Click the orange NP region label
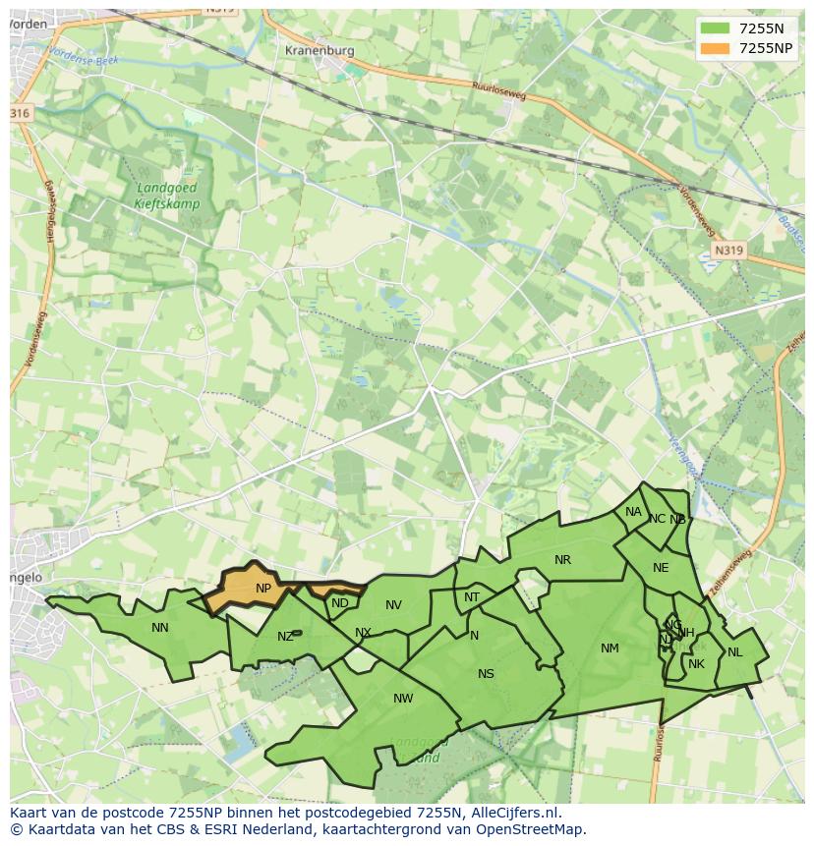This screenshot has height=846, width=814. (x=263, y=589)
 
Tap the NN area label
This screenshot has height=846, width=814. (x=160, y=627)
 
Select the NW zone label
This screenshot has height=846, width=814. (x=403, y=699)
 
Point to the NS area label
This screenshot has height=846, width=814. (x=486, y=673)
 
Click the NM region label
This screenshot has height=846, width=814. (x=610, y=648)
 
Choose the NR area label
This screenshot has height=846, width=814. (x=562, y=560)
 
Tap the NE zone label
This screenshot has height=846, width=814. (x=661, y=568)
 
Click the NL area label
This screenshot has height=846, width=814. (x=734, y=651)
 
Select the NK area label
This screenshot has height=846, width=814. (x=696, y=664)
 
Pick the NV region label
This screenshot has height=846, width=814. (x=393, y=605)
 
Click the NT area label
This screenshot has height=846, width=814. (x=472, y=597)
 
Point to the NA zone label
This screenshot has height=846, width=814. (x=633, y=512)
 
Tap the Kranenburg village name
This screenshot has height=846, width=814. (x=318, y=50)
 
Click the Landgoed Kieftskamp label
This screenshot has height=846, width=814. (x=168, y=197)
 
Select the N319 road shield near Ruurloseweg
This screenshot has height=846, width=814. (x=728, y=251)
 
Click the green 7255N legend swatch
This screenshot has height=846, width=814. (x=715, y=28)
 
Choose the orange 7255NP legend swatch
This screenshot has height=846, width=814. (x=715, y=48)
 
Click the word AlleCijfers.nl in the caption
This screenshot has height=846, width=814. (x=515, y=813)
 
